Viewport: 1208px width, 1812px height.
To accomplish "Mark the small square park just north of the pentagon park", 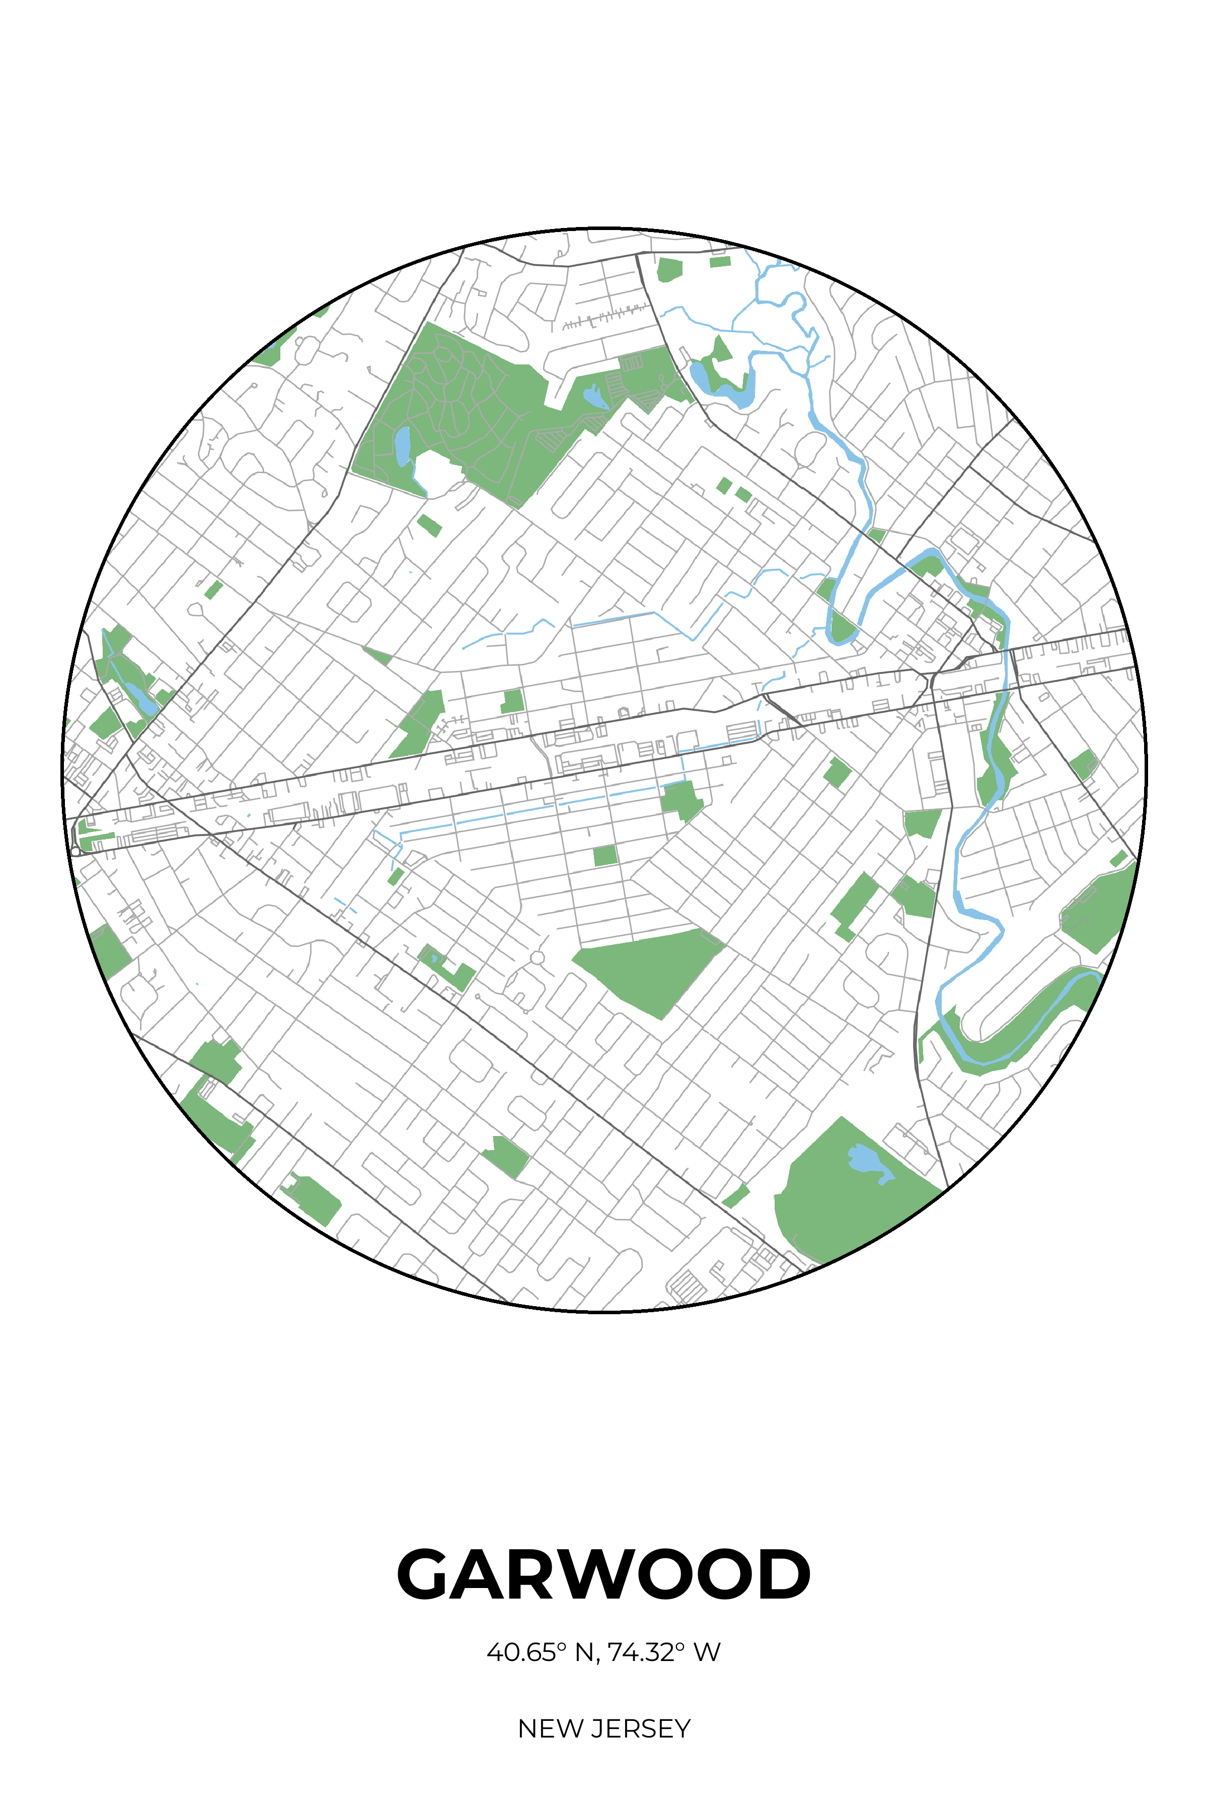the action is pyautogui.click(x=605, y=855).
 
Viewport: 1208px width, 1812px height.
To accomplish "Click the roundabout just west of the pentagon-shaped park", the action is pyautogui.click(x=537, y=958).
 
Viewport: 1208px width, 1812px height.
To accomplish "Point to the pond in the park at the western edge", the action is pyautogui.click(x=142, y=697).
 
